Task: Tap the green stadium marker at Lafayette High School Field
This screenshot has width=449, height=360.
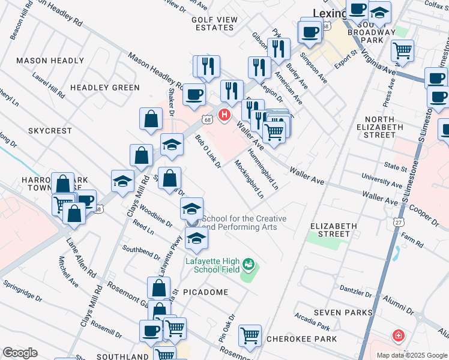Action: (x=248, y=263)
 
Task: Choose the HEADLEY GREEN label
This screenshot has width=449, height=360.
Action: (x=104, y=88)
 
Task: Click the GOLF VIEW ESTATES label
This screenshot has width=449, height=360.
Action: (x=215, y=24)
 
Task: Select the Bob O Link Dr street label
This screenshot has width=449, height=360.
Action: (x=208, y=151)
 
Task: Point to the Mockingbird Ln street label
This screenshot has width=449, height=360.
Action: (x=249, y=178)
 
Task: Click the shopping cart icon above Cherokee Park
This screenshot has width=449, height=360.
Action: (x=250, y=335)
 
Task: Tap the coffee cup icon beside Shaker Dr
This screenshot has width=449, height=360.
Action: (x=194, y=94)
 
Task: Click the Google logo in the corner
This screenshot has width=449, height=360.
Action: (x=20, y=353)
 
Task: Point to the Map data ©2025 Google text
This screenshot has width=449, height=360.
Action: (x=411, y=355)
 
